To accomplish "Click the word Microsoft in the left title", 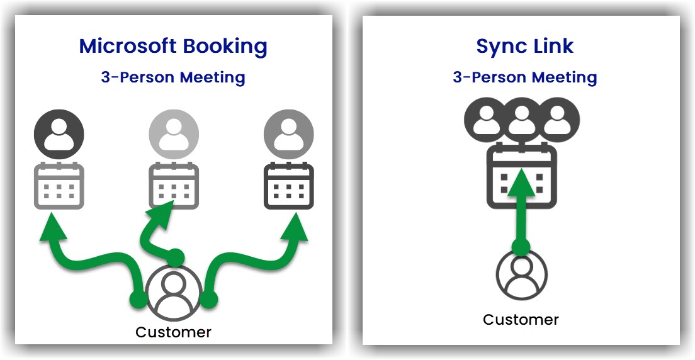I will tap(127, 46).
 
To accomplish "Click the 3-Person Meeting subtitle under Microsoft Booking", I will tap(173, 77).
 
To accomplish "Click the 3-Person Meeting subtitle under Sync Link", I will tap(525, 77).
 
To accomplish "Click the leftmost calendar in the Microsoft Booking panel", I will tap(59, 186).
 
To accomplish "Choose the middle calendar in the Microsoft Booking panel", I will tap(173, 186).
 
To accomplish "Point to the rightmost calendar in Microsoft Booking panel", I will tap(288, 186).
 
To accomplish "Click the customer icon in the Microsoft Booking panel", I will tap(173, 293).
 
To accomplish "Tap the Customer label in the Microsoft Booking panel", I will tap(173, 332).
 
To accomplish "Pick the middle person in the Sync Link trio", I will tap(521, 120).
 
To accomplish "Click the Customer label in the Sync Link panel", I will tap(521, 320).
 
